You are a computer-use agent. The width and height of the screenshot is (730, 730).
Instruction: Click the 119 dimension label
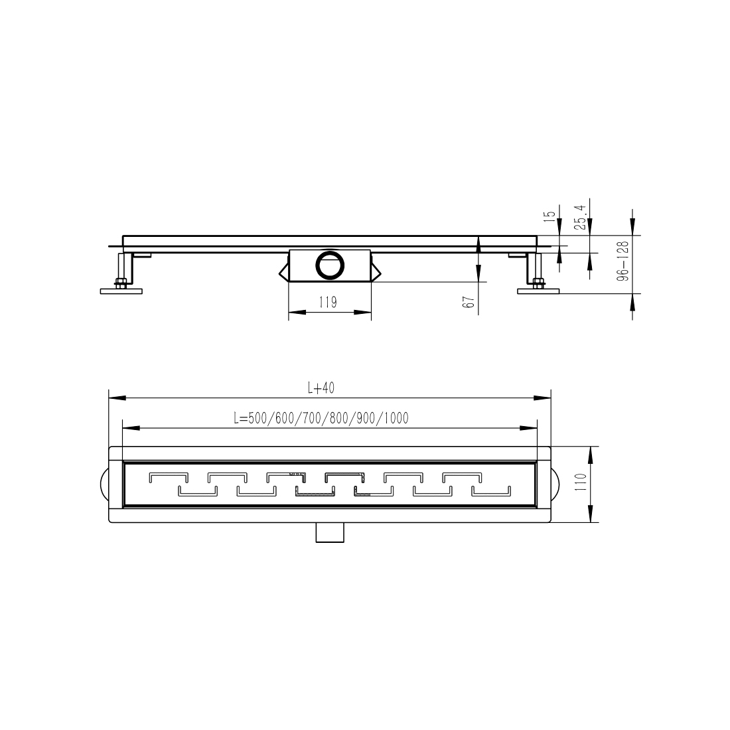[x=328, y=303]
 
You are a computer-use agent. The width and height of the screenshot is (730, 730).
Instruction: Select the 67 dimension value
[x=470, y=302]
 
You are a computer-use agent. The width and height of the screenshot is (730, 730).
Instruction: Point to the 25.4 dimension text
[x=580, y=218]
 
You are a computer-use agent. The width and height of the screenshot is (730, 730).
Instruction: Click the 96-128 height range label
[x=623, y=261]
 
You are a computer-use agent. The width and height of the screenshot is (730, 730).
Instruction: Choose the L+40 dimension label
[x=321, y=388]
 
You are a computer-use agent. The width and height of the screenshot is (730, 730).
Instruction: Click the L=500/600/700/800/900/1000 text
[x=321, y=418]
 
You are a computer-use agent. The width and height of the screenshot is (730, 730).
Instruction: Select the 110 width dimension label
[x=580, y=484]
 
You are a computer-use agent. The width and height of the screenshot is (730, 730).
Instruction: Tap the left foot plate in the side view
[x=121, y=291]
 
